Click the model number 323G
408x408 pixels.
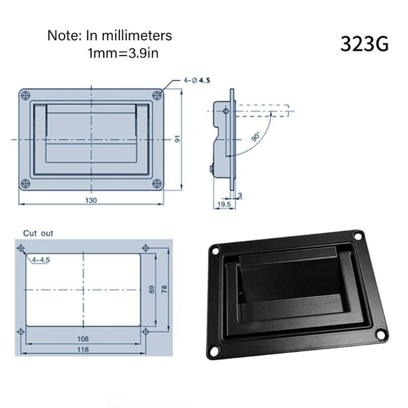(x=364, y=44)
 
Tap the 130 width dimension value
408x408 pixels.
(x=91, y=200)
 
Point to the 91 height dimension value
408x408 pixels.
(x=178, y=139)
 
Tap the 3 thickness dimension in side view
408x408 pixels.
(x=240, y=195)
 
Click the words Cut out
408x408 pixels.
(x=38, y=233)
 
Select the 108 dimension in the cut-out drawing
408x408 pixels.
(x=83, y=339)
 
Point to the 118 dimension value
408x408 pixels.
(x=83, y=349)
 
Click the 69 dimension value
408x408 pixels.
(x=151, y=289)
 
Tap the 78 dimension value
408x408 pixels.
(x=164, y=289)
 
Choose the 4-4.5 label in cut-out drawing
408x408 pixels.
(x=41, y=260)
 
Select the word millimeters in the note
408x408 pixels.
(x=138, y=36)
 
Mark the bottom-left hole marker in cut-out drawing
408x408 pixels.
(x=20, y=331)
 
